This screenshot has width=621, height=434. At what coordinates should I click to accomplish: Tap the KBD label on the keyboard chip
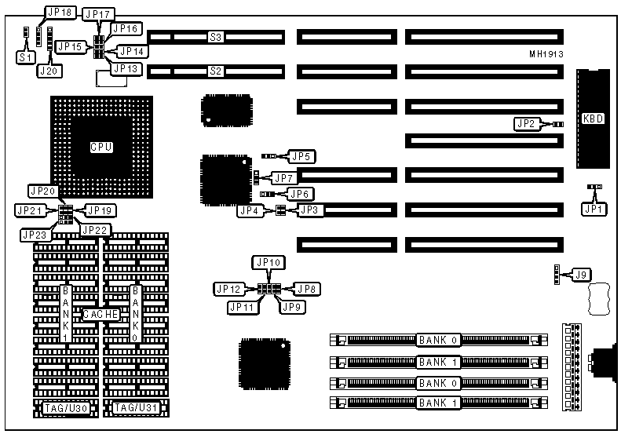(592, 119)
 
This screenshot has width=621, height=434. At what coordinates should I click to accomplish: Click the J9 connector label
(581, 275)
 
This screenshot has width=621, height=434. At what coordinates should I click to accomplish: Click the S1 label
(26, 57)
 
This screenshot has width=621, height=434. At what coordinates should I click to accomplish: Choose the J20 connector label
(49, 71)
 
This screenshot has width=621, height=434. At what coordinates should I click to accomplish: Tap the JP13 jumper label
(125, 69)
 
